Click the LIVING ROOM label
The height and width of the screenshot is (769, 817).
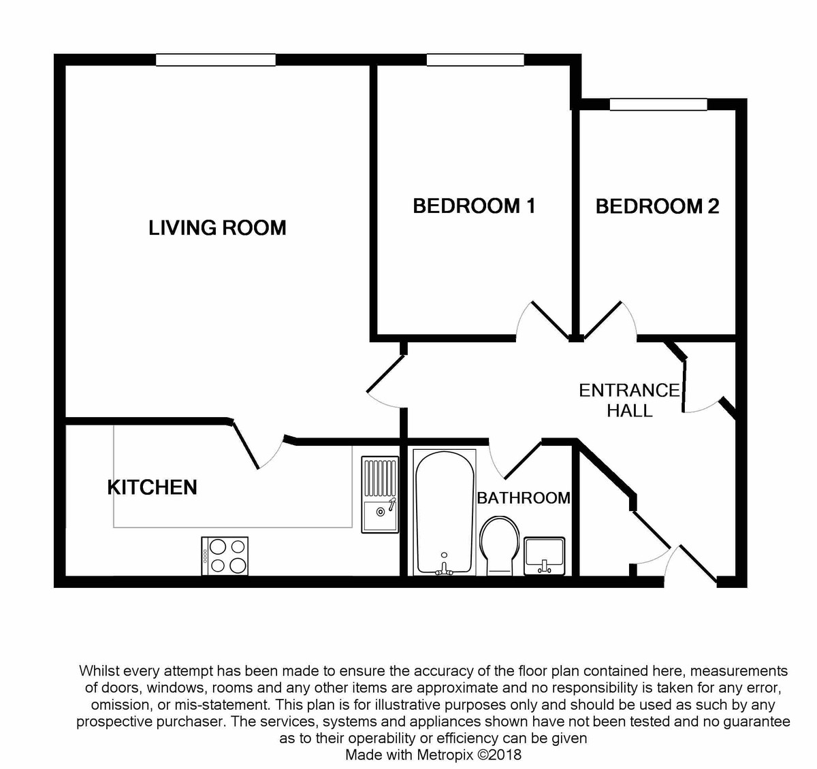217,227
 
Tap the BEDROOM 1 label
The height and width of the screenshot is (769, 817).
474,206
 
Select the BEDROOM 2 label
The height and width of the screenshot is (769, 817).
657,206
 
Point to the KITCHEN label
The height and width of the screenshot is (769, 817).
153,487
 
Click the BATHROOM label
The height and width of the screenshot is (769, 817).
523,498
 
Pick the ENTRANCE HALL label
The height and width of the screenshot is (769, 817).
629,400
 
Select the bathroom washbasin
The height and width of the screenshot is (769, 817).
545,555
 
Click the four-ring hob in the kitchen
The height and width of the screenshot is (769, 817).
225,556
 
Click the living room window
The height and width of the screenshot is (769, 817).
215,60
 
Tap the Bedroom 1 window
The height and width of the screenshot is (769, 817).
475,60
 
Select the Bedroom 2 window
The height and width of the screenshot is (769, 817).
658,104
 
